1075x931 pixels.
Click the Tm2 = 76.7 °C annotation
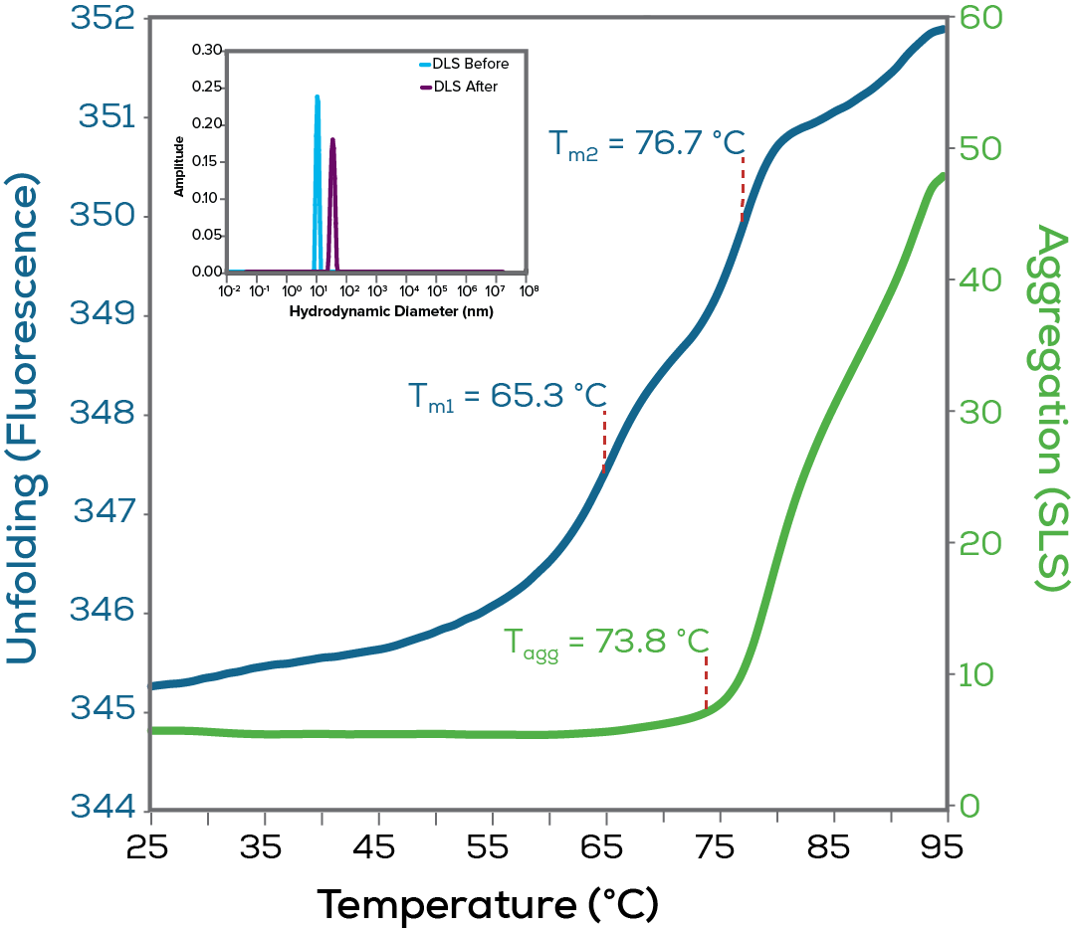(646, 143)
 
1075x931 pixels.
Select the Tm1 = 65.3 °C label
(507, 396)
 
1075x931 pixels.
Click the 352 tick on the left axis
(110, 20)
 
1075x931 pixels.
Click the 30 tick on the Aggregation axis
(979, 413)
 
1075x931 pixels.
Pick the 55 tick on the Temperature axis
(492, 847)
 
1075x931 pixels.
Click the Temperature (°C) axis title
(488, 904)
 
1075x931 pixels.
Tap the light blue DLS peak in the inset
(318, 179)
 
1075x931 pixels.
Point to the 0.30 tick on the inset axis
(208, 49)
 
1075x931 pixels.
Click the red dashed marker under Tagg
(706, 681)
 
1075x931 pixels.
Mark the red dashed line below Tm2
(742, 189)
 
